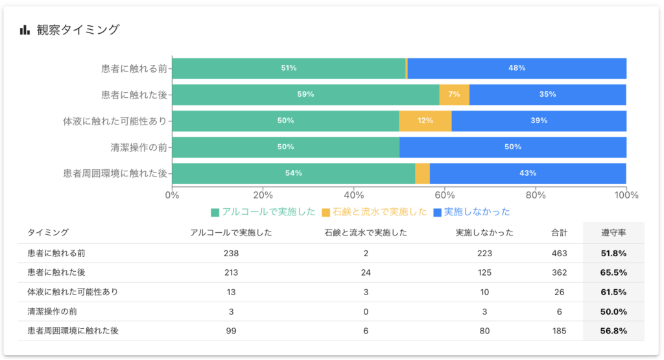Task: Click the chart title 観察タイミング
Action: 78,30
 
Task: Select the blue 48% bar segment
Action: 516,68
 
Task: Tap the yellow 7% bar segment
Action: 454,94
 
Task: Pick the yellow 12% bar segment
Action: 425,121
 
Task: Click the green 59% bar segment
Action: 305,94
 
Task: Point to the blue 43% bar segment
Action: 527,173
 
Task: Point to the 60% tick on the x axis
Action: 445,195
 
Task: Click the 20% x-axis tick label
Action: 263,195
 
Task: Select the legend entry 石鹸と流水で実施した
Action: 373,212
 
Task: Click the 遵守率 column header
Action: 613,232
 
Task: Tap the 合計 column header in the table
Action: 559,232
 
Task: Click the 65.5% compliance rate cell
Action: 613,272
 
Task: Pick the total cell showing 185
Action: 559,331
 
